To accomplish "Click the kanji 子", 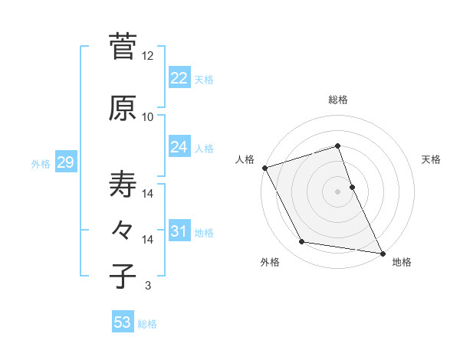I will pyautogui.click(x=123, y=277).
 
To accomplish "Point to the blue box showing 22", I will pyautogui.click(x=179, y=79).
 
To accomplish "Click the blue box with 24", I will pyautogui.click(x=179, y=147).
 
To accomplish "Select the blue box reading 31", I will pyautogui.click(x=179, y=232).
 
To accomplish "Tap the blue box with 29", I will pyautogui.click(x=65, y=163).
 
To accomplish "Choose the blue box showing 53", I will pyautogui.click(x=123, y=322).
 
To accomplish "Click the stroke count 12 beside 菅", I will pyautogui.click(x=147, y=56).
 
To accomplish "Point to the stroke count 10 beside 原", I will pyautogui.click(x=147, y=117).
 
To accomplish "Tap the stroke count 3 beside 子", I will pyautogui.click(x=147, y=286).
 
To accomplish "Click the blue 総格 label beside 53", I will pyautogui.click(x=147, y=324).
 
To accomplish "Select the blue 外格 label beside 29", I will pyautogui.click(x=41, y=164).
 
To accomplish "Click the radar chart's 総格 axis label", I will pyautogui.click(x=337, y=100).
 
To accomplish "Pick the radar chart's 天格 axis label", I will pyautogui.click(x=432, y=159).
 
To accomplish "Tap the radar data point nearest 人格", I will pyautogui.click(x=264, y=167).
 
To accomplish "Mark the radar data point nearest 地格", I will pyautogui.click(x=382, y=253).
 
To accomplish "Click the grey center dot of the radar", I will pyautogui.click(x=337, y=191).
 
